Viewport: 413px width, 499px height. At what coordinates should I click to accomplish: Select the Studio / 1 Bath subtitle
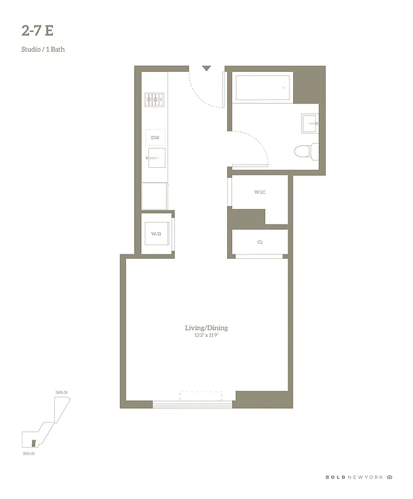[x=43, y=49]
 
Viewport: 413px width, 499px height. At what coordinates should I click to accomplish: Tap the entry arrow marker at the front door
[x=206, y=68]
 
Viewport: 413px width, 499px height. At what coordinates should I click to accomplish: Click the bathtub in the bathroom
[x=262, y=87]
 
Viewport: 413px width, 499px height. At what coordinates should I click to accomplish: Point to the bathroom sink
[x=309, y=124]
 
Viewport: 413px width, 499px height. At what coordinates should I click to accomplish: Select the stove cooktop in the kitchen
[x=154, y=98]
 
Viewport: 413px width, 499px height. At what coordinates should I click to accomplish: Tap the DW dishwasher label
[x=155, y=137]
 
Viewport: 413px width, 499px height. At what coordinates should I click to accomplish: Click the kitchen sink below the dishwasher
[x=155, y=158]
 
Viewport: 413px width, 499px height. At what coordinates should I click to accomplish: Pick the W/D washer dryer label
[x=156, y=234]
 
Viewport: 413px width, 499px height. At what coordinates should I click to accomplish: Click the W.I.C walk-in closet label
[x=260, y=192]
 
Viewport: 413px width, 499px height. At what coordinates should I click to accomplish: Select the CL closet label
[x=260, y=242]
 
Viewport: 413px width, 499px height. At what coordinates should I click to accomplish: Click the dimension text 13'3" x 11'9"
[x=206, y=336]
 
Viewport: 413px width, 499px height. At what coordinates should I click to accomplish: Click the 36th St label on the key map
[x=61, y=392]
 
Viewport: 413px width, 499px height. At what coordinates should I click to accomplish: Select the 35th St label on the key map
[x=27, y=453]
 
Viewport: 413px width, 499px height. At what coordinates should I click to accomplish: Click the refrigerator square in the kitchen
[x=154, y=196]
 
